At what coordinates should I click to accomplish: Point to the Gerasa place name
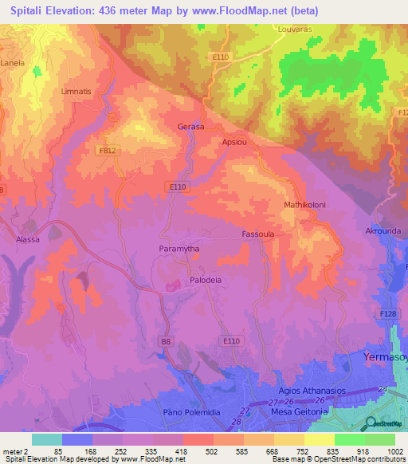[190, 127]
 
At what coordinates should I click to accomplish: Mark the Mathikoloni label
[304, 205]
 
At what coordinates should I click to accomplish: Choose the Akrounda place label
[382, 230]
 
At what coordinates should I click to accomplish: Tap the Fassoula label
[257, 234]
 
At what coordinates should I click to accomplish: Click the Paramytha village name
[178, 250]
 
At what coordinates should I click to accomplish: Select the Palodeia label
[205, 281]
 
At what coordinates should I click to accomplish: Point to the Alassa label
[28, 238]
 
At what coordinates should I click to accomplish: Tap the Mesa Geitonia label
[299, 411]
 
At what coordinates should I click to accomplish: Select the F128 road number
[389, 315]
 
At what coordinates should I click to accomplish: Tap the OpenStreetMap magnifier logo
[371, 423]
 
